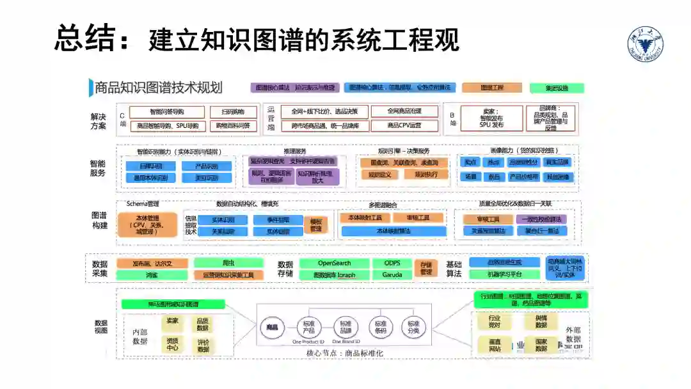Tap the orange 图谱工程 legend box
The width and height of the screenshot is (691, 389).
coord(491,88)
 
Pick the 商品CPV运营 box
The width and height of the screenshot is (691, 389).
coord(404,125)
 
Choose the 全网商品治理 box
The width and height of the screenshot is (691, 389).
coord(404,111)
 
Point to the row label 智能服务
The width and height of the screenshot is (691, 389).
coord(98,168)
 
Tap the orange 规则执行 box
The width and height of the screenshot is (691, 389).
coord(426,175)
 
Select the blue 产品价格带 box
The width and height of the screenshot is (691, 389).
coord(524,177)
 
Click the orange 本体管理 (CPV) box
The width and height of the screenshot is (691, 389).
coord(147,225)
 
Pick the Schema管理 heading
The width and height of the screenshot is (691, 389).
coord(142,204)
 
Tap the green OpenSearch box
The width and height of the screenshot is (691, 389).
coord(335,263)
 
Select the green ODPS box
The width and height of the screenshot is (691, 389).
coord(392,263)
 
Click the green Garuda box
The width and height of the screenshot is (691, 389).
coord(392,275)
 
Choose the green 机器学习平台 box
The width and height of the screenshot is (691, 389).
coord(504,274)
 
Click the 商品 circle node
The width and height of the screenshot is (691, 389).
coord(272,328)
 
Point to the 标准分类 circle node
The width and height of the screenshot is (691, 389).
coord(414,328)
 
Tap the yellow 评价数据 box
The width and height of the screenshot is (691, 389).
coord(203,345)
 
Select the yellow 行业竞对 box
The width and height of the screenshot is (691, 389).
coord(494,321)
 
